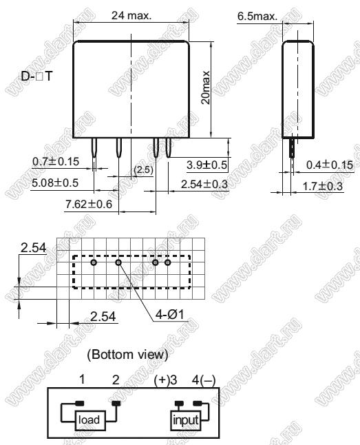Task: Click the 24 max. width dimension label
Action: [x=131, y=15]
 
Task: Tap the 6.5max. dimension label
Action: [x=257, y=16]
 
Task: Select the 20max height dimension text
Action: [x=206, y=87]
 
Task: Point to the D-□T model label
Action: [x=37, y=76]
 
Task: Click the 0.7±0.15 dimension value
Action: [x=56, y=161]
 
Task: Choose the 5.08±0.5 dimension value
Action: [x=55, y=183]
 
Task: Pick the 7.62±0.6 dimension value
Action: [x=89, y=204]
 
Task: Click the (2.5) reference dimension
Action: [x=144, y=169]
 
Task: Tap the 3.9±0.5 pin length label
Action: [x=207, y=165]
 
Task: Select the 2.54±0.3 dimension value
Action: [x=204, y=185]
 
